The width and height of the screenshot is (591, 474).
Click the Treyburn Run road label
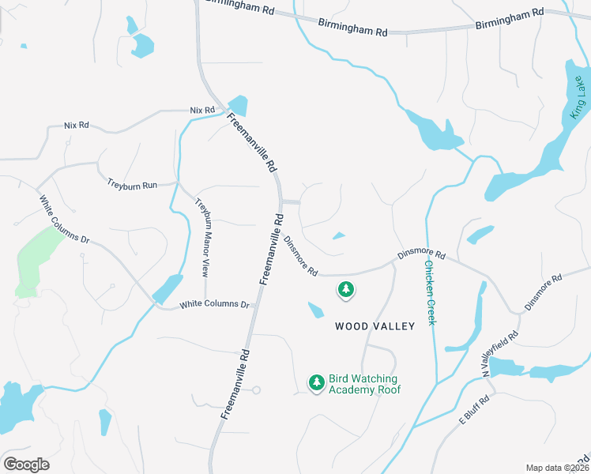[132, 184]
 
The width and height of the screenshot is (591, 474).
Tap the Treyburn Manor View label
[202, 236]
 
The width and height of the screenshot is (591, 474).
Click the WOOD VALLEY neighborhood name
[375, 325]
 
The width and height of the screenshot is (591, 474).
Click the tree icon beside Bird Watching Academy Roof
[317, 382]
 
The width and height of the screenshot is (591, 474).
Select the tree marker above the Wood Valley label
[345, 290]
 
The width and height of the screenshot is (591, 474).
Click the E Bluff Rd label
[475, 412]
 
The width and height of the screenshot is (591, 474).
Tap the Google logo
[26, 465]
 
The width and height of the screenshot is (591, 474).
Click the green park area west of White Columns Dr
[36, 260]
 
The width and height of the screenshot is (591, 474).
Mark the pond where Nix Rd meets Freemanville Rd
[238, 105]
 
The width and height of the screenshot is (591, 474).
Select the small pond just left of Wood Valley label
[315, 310]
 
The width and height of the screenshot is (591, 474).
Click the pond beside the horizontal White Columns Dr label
[167, 289]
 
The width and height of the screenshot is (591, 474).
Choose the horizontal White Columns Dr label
[214, 304]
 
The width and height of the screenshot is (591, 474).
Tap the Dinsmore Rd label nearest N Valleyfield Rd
[543, 292]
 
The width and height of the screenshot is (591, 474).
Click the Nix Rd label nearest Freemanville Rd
[202, 110]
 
